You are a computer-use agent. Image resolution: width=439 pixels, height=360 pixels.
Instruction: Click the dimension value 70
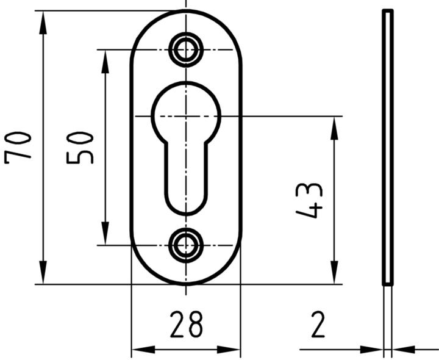click(x=18, y=146)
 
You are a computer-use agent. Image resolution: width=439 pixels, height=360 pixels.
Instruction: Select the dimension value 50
click(x=80, y=147)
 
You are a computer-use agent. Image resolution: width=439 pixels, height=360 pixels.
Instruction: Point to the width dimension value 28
click(x=185, y=325)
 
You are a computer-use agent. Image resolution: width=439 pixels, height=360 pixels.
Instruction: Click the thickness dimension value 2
click(x=318, y=325)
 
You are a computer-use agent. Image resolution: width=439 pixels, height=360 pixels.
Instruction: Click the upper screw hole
click(x=186, y=49)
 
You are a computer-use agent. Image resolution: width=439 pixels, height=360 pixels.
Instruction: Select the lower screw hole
click(x=186, y=245)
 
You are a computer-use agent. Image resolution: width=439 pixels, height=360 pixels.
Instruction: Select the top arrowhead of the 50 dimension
click(x=105, y=58)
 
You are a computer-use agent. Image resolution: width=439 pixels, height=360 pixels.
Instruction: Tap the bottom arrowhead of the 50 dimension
click(x=105, y=236)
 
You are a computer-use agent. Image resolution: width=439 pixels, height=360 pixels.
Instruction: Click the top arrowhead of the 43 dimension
click(x=334, y=125)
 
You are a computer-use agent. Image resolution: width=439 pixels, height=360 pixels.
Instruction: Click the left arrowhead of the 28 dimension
click(x=140, y=350)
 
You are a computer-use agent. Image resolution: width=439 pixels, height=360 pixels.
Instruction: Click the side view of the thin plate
click(x=387, y=146)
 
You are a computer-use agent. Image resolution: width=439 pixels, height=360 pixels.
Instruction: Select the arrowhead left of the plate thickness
click(x=374, y=350)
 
